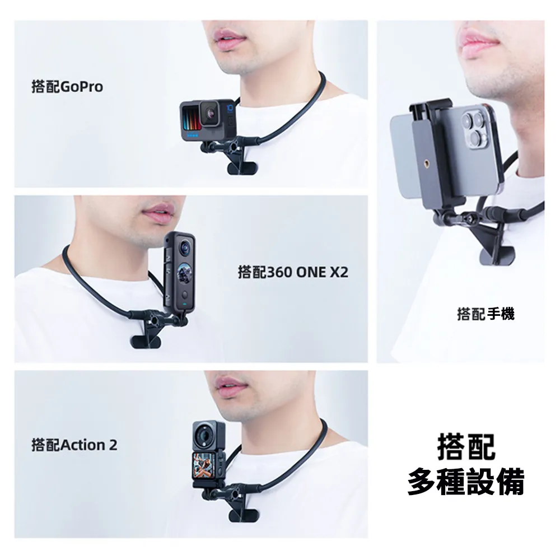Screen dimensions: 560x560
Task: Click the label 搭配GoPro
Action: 67,87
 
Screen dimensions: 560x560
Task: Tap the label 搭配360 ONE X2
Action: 293,273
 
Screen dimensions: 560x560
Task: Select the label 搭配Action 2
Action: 74,445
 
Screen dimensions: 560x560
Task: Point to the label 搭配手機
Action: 486,314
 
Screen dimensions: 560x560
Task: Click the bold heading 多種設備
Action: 466,481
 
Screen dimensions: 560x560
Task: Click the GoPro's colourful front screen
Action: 190,120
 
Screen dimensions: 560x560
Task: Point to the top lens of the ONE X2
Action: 184,245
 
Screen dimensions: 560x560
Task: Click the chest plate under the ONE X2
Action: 146,340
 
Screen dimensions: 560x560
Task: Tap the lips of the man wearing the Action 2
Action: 230,385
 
